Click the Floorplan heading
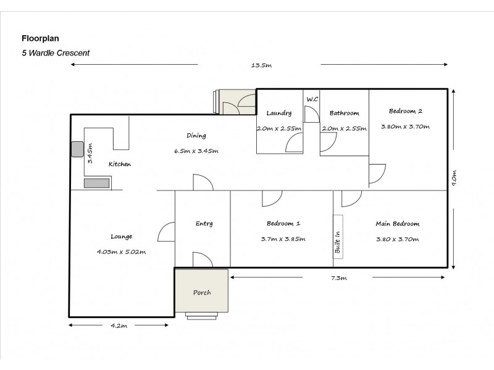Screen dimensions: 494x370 (x=40, y=38)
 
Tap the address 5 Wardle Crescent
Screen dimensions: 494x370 (x=56, y=53)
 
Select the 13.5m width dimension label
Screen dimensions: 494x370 (x=261, y=65)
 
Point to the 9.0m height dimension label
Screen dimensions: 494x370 (x=454, y=178)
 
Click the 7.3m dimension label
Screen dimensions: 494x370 (x=339, y=278)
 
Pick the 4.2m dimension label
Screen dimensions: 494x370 (x=119, y=326)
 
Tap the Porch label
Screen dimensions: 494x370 (x=202, y=292)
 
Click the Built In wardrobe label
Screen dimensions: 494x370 (x=338, y=242)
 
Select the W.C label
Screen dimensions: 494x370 (x=312, y=99)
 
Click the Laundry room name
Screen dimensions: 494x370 (x=279, y=113)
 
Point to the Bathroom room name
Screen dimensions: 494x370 (x=344, y=113)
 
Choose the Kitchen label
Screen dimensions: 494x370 (x=120, y=164)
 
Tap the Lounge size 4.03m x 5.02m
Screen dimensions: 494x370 (x=121, y=252)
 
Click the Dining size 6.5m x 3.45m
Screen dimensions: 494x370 (x=196, y=151)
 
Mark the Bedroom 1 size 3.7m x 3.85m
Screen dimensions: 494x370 (x=283, y=239)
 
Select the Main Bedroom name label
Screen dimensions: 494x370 (x=397, y=224)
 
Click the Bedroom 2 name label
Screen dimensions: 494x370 (x=406, y=111)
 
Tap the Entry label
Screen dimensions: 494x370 (x=204, y=224)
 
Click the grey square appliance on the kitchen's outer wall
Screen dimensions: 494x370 (x=77, y=149)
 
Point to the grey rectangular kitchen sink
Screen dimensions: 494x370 (x=97, y=183)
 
